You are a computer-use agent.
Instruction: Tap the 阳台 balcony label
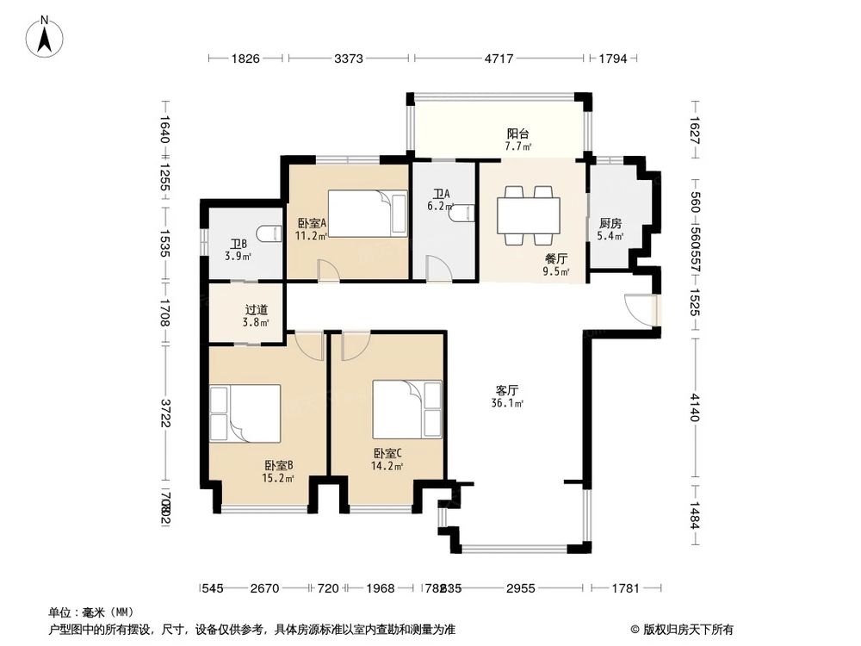[x=517, y=134]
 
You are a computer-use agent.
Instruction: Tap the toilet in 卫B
[x=269, y=233]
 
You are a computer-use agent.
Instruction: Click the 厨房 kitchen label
[x=610, y=223]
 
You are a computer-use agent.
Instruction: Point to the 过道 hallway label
[x=257, y=309]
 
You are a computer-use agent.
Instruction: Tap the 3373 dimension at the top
[x=349, y=59]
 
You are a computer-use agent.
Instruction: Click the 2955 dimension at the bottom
[x=520, y=588]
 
